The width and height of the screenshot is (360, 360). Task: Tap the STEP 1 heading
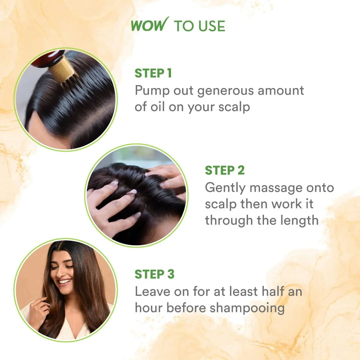pyautogui.click(x=153, y=73)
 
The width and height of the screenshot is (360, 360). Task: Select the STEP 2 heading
pyautogui.click(x=225, y=170)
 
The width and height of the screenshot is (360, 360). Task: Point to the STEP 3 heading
pyautogui.click(x=154, y=274)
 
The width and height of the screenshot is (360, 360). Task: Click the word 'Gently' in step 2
pyautogui.click(x=225, y=188)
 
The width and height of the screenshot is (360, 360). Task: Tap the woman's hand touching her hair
pyautogui.click(x=38, y=312)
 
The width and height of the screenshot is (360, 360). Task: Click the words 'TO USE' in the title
pyautogui.click(x=200, y=26)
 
